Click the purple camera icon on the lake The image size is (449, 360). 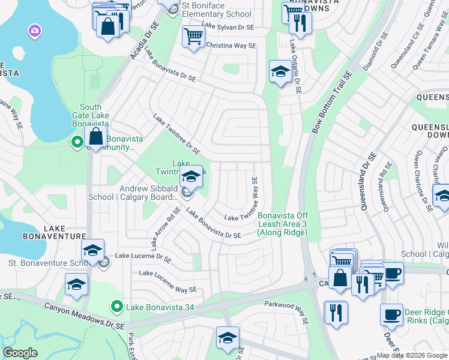click(x=34, y=30)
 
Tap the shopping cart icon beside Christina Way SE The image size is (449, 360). click(x=193, y=36)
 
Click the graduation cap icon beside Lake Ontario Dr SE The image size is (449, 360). click(x=280, y=72)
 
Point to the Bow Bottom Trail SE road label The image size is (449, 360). click(x=331, y=103)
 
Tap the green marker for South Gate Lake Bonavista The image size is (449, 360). click(x=77, y=142)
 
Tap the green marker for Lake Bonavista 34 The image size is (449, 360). click(x=117, y=308)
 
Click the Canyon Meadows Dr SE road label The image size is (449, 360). click(x=84, y=315)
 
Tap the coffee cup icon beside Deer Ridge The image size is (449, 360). click(x=391, y=315)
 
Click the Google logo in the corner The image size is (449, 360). click(x=20, y=353)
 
